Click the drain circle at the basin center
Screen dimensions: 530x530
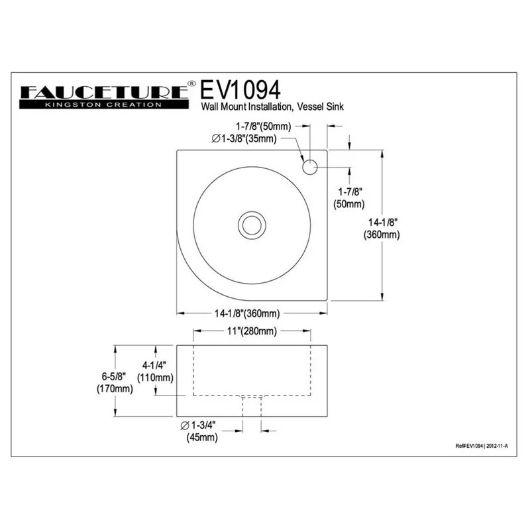(252, 225)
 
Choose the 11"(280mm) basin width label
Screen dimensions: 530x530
(252, 331)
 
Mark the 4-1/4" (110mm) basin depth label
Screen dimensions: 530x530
(155, 371)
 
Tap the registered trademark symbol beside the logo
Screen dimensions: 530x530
(191, 84)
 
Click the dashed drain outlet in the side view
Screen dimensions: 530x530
(252, 405)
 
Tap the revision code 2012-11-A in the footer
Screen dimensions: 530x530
(498, 447)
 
